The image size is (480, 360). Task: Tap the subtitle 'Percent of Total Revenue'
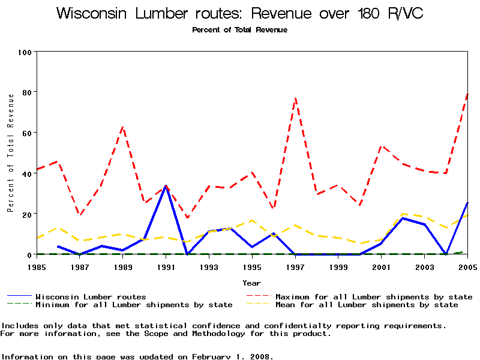[x=239, y=29]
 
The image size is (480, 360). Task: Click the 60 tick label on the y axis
[x=27, y=133]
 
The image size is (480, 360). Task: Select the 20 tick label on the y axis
[x=27, y=214]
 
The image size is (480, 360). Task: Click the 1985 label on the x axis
[x=37, y=266]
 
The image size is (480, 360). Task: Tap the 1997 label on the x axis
[x=295, y=266]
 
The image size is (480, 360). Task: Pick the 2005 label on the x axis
[x=467, y=266]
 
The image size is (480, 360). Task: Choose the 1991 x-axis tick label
[x=166, y=266]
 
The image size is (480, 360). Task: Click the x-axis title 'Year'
[x=251, y=282]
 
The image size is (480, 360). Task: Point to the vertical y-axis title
[x=10, y=153]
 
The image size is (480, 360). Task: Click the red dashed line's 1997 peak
[x=295, y=98]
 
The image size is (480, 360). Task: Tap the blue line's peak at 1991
[x=166, y=186]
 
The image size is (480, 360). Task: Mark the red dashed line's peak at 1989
[x=123, y=127]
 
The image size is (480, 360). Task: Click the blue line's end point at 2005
[x=467, y=203]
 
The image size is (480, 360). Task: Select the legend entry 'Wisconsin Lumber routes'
[x=91, y=296]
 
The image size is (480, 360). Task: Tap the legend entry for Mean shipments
[x=367, y=305]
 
